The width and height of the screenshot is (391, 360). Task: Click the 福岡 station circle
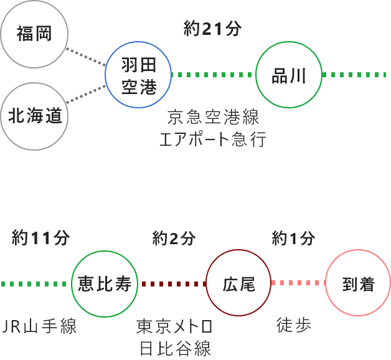(x=34, y=35)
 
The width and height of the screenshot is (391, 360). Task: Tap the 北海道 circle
(x=34, y=116)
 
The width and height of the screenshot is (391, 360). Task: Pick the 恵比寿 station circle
(x=105, y=283)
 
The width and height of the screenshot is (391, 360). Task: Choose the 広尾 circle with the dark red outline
(x=239, y=283)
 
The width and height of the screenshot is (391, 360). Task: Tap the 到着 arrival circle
(x=359, y=283)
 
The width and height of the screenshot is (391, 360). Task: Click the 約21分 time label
(x=212, y=29)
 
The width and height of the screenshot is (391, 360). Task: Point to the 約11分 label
(x=40, y=237)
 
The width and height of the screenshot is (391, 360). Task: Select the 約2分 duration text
(x=174, y=237)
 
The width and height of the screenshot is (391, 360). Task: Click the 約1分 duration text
(x=293, y=237)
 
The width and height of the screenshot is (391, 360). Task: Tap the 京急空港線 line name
(x=213, y=117)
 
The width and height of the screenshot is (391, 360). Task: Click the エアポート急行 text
(x=213, y=139)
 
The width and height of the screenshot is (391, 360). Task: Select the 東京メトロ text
(x=175, y=326)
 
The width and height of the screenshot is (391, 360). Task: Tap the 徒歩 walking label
(x=293, y=324)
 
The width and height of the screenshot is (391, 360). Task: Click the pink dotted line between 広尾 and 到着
(x=299, y=283)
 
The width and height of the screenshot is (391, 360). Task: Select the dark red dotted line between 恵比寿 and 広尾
(x=172, y=283)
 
